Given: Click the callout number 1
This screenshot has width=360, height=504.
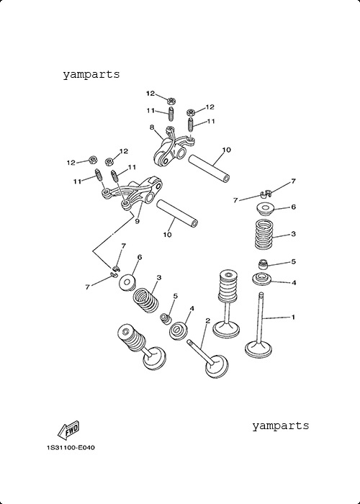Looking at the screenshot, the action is tap(293, 318).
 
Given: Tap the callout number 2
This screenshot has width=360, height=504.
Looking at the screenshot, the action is tap(207, 320).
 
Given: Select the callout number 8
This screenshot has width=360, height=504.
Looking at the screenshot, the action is tap(152, 127).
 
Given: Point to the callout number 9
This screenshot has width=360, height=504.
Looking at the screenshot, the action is tap(138, 222).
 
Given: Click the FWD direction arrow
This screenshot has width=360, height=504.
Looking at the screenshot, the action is tap(68, 431).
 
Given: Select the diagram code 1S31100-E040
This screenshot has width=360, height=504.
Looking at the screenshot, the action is tap(71, 447).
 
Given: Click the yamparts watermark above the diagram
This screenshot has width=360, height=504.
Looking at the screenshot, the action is tap(91, 75).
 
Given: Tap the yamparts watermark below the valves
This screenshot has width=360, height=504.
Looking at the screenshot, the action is tap(280, 426).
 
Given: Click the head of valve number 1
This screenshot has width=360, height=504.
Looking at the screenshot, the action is tap(258, 350).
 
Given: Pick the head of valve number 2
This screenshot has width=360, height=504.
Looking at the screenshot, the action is tap(217, 366).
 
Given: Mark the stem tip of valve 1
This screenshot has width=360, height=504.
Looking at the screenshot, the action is tap(261, 293).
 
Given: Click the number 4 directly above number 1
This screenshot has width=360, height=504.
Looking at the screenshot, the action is tap(293, 283).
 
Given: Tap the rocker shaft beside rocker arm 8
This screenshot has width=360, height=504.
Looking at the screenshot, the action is tap(209, 168).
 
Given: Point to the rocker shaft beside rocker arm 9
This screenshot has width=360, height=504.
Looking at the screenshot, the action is tap(177, 213).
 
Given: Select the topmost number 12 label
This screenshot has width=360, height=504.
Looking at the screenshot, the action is tap(150, 94).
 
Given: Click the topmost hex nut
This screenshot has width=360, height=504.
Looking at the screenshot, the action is tap(171, 101).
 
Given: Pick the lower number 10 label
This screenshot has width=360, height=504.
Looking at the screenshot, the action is tap(167, 235).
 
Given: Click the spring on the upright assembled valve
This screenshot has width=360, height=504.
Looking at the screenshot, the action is tap(228, 284).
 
